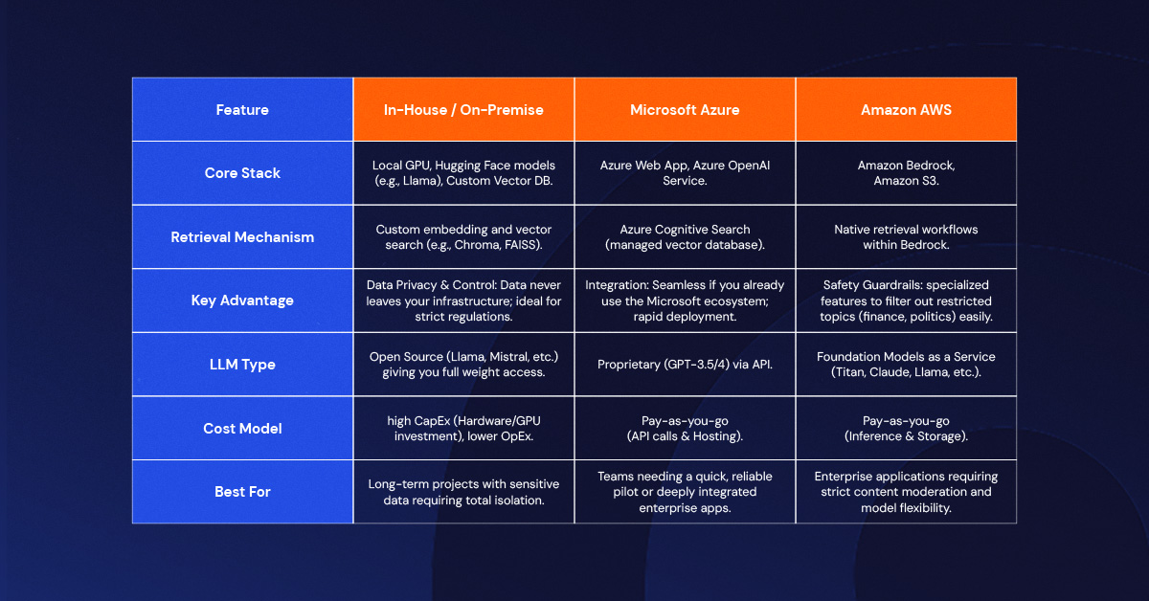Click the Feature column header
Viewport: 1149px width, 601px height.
pos(242,110)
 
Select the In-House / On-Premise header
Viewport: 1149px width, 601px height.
pos(463,110)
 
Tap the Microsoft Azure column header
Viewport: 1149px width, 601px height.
pos(685,110)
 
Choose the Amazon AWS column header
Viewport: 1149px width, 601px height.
pos(906,110)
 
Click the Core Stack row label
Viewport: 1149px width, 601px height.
pos(242,173)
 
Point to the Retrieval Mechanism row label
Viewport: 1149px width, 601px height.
pos(242,237)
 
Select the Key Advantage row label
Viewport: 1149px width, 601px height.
pos(242,300)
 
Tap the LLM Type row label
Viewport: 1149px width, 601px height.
pos(242,365)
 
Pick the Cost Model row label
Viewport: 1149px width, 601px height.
pos(242,428)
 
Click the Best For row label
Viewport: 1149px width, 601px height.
pos(242,492)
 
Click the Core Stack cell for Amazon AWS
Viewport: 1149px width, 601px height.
pos(906,173)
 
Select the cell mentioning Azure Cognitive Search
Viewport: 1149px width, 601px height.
pos(685,237)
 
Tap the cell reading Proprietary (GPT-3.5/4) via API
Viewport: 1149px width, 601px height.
pos(685,365)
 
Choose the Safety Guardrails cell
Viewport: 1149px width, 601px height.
pos(906,300)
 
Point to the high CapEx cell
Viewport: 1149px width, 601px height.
pos(463,428)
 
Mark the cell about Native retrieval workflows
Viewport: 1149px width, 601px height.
pos(906,237)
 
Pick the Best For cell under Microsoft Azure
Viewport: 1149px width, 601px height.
pos(685,492)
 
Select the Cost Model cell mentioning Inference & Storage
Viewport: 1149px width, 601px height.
pos(906,428)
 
